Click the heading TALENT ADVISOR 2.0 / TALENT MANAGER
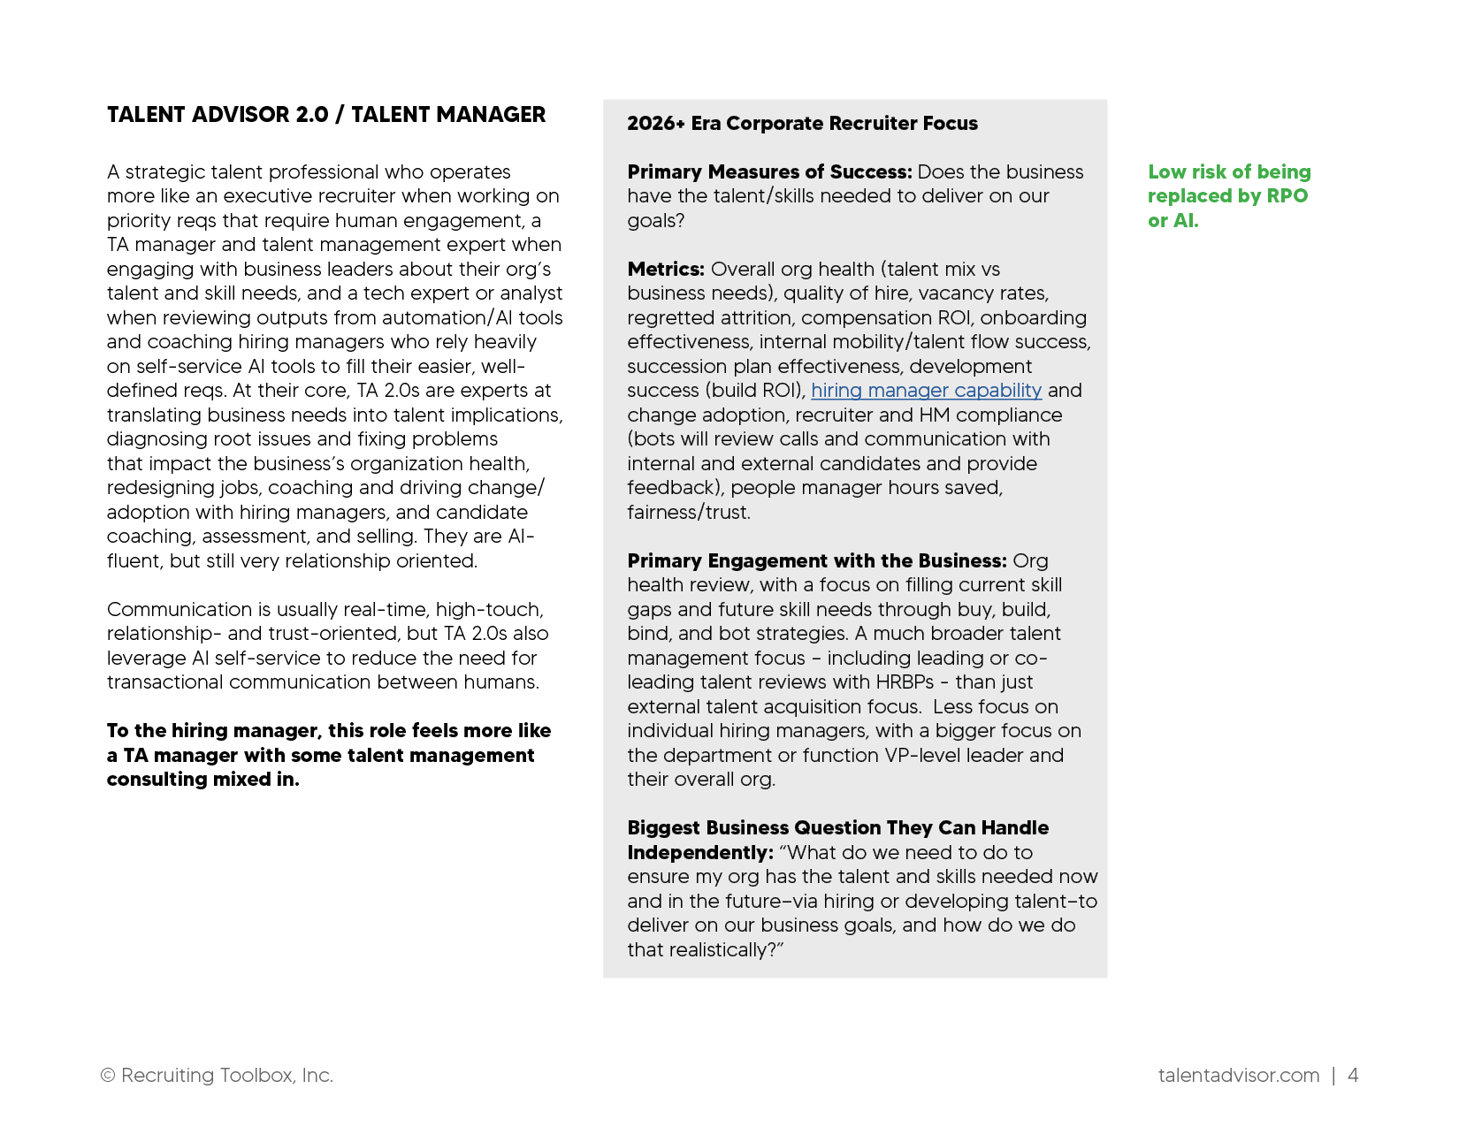(325, 115)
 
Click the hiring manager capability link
(926, 391)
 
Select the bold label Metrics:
(666, 270)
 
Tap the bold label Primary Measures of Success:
(769, 172)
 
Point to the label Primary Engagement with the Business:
(816, 561)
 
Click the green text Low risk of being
(1229, 172)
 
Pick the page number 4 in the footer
(1352, 1076)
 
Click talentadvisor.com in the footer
(1238, 1076)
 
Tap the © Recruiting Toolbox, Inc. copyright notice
(217, 1076)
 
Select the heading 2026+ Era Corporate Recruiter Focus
(802, 124)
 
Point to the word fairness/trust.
(688, 513)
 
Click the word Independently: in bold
(700, 853)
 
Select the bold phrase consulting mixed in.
(202, 780)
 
